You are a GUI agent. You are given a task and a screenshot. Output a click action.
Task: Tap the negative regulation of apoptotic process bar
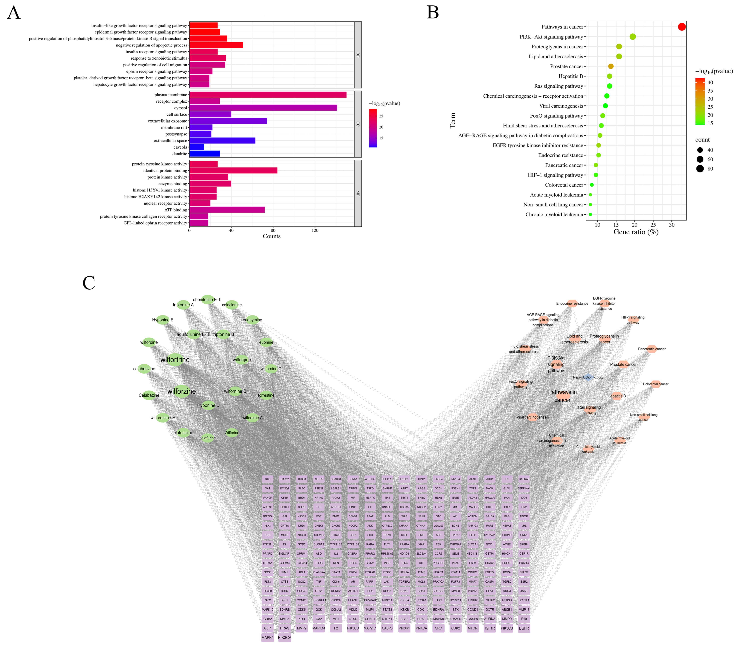[x=216, y=45]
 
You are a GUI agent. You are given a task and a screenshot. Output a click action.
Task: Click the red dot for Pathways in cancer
[x=681, y=27]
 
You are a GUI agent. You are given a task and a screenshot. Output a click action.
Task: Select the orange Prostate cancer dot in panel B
[x=610, y=66]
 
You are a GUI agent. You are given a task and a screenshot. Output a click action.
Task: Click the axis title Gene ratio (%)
[x=636, y=232]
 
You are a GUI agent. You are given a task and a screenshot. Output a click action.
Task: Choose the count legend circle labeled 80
[x=700, y=169]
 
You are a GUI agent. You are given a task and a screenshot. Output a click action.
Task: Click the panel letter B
[x=433, y=13]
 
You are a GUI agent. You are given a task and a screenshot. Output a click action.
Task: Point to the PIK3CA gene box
[x=284, y=637]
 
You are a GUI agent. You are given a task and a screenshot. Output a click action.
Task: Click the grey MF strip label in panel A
[x=358, y=193]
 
